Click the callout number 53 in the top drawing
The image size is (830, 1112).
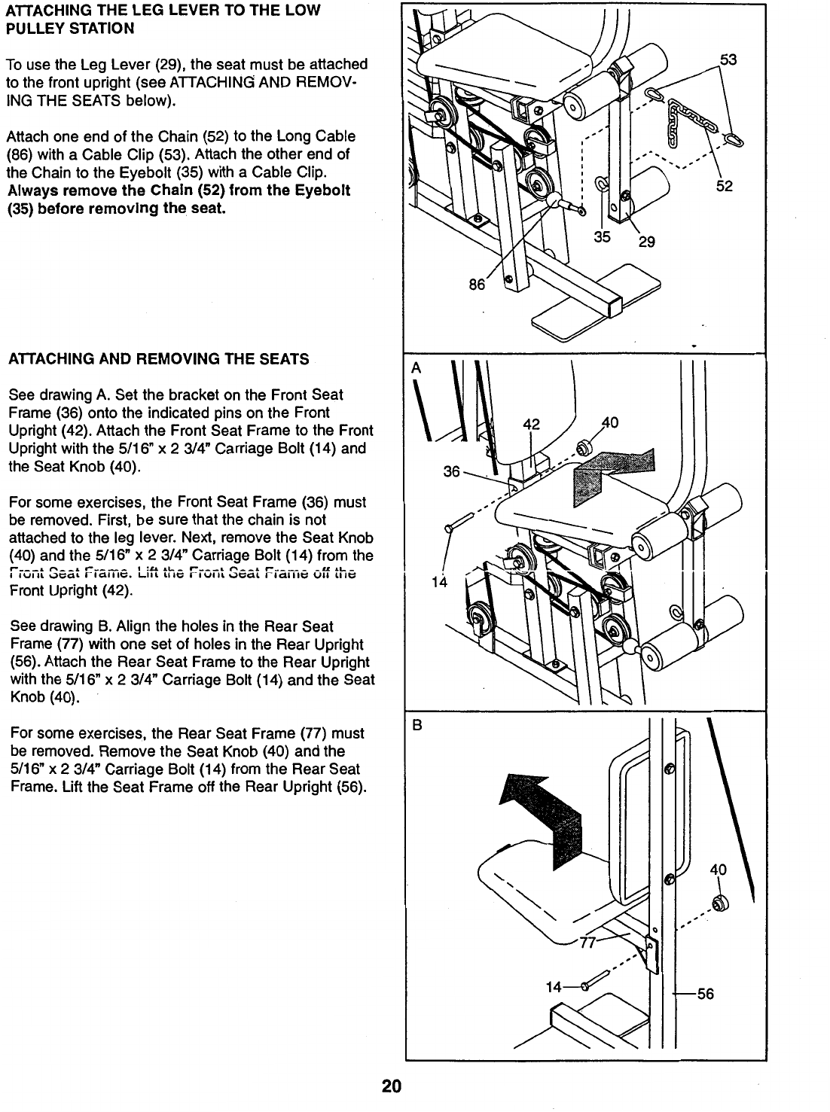pos(728,60)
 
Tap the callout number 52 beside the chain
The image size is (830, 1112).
pos(724,186)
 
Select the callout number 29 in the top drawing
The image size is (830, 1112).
pos(646,242)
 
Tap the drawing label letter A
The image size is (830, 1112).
pos(414,369)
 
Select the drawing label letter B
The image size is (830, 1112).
pos(414,727)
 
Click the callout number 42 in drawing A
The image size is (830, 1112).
pos(532,424)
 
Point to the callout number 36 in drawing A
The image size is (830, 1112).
pos(452,471)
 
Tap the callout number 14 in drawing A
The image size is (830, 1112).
pos(440,582)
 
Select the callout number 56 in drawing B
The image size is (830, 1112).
pos(705,994)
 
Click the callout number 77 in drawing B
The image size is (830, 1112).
pos(587,945)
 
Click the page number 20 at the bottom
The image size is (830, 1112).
pos(391,1087)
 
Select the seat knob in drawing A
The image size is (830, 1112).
pos(581,449)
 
